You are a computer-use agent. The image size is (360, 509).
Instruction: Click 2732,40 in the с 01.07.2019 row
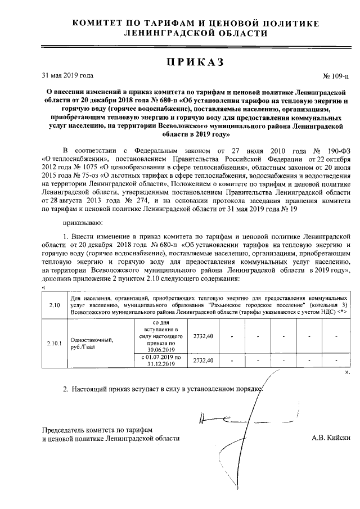pos(203,360)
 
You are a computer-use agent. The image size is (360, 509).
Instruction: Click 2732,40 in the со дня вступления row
pos(203,336)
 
